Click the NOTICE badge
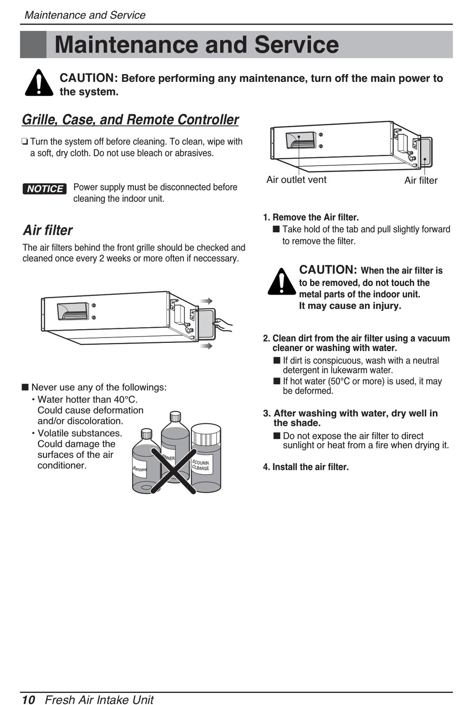[45, 189]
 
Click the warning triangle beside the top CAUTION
[39, 83]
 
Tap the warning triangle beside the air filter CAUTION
[282, 282]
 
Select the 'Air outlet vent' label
[296, 180]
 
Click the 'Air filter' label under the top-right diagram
[421, 180]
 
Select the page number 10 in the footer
[28, 699]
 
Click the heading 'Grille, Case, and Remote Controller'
[130, 120]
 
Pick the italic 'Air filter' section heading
[48, 230]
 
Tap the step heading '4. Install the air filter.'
[306, 467]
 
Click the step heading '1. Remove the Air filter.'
[311, 217]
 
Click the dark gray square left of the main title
[33, 45]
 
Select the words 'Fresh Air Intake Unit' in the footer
[99, 699]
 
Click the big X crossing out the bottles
[173, 470]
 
